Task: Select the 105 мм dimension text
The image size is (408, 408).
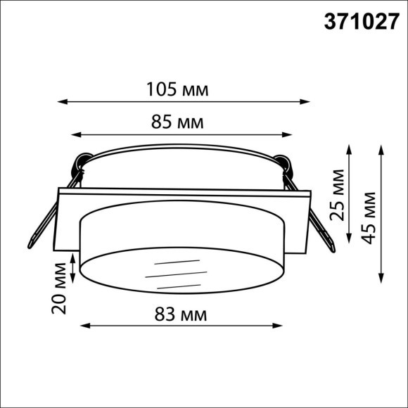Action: click(177, 89)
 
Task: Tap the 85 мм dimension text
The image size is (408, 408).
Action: click(177, 123)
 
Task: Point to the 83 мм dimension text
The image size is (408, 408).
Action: click(181, 314)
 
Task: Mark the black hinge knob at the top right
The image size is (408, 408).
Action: click(283, 162)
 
